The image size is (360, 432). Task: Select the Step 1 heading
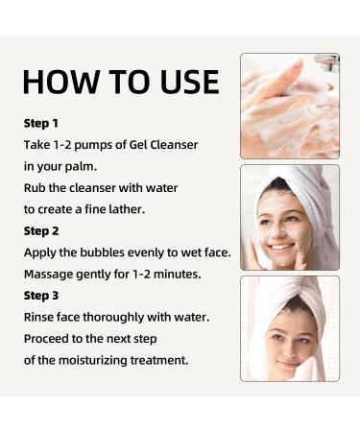point(41,124)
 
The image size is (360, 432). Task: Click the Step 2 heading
point(41,231)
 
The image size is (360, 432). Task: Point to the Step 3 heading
point(41,296)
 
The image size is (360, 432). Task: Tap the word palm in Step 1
point(85,166)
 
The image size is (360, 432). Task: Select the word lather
point(133,209)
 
